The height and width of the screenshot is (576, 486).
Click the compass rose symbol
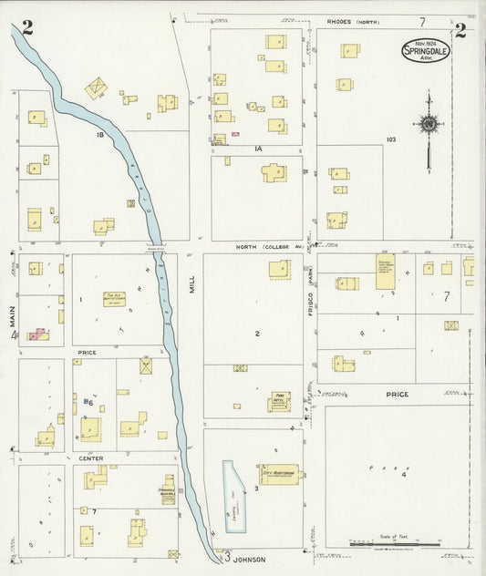click(x=428, y=123)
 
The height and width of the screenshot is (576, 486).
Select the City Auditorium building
click(x=280, y=471)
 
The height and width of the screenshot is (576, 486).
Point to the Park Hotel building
click(x=278, y=402)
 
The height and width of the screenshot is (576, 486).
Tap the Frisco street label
click(x=312, y=298)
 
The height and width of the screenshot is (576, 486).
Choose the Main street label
click(x=14, y=316)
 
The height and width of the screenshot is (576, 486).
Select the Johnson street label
click(x=245, y=557)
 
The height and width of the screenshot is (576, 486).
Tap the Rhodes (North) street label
click(x=354, y=21)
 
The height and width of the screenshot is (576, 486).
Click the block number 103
click(x=391, y=139)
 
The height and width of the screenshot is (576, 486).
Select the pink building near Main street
click(x=37, y=335)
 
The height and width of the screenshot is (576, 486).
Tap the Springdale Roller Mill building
click(x=168, y=489)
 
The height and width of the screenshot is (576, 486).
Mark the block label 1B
click(x=101, y=135)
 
